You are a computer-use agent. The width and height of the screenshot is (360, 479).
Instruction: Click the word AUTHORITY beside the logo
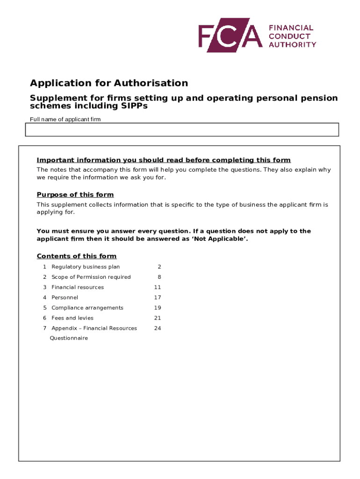(x=292, y=44)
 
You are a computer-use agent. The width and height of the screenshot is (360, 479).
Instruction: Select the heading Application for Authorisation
(x=109, y=83)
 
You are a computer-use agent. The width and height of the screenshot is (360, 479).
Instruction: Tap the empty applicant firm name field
(x=182, y=130)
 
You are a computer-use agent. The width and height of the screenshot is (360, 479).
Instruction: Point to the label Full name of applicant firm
(x=65, y=119)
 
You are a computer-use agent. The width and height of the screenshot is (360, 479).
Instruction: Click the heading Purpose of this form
(x=75, y=195)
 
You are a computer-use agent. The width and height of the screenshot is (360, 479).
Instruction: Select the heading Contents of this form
(x=77, y=256)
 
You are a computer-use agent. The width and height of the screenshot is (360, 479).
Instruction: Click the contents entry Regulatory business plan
(x=86, y=267)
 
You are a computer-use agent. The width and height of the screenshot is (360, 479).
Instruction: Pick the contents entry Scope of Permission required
(x=91, y=277)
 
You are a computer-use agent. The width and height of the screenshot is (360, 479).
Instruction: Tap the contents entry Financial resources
(x=78, y=287)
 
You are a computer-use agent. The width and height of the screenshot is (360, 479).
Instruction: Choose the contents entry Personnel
(x=65, y=298)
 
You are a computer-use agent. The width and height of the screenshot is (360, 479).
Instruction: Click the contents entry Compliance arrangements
(x=87, y=308)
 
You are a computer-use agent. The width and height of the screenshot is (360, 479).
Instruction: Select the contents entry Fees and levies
(x=72, y=318)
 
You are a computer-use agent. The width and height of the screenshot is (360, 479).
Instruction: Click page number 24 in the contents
(x=158, y=328)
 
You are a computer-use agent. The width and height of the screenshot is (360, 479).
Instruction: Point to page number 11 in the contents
(x=158, y=287)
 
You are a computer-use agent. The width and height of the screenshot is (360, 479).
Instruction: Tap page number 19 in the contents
(x=158, y=308)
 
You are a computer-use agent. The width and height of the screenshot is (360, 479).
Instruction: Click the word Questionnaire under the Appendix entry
(x=69, y=338)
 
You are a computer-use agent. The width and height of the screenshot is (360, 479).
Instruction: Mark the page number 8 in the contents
(x=159, y=277)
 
